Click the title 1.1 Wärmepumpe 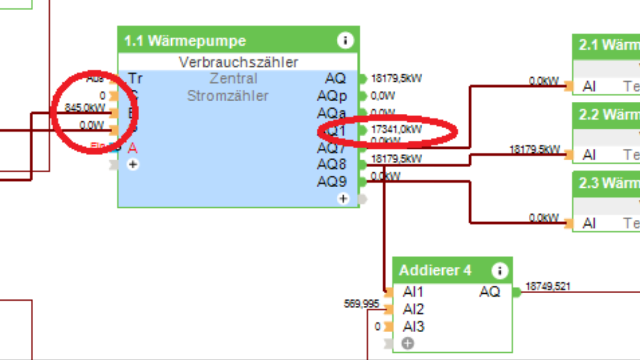pyautogui.click(x=185, y=41)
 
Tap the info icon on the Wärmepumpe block pyautogui.click(x=345, y=40)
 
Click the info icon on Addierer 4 pyautogui.click(x=499, y=271)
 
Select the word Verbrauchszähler pyautogui.click(x=238, y=62)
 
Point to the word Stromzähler pyautogui.click(x=228, y=96)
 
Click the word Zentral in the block pyautogui.click(x=234, y=79)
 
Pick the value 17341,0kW pyautogui.click(x=396, y=129)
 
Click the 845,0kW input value pyautogui.click(x=85, y=108)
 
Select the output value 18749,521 pyautogui.click(x=548, y=287)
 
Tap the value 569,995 pyautogui.click(x=361, y=303)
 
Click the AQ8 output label pyautogui.click(x=332, y=165)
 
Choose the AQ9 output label pyautogui.click(x=332, y=182)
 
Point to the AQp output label pyautogui.click(x=332, y=96)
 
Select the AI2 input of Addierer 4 pyautogui.click(x=414, y=309)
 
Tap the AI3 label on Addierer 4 pyautogui.click(x=414, y=327)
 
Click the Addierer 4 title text pyautogui.click(x=435, y=270)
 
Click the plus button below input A pyautogui.click(x=133, y=165)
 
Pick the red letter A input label pyautogui.click(x=132, y=148)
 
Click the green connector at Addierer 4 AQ pyautogui.click(x=516, y=292)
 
